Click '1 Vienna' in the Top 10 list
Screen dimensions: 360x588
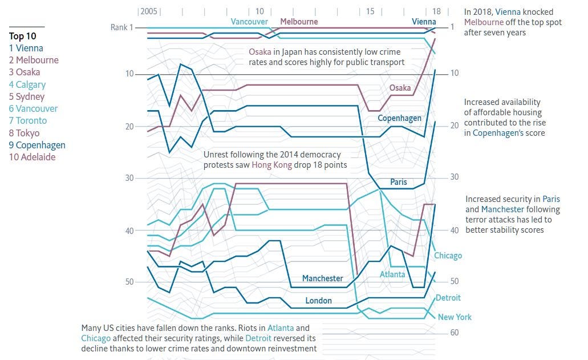coord(26,48)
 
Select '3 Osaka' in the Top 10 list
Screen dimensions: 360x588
coord(25,72)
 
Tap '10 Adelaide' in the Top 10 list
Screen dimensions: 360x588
coord(32,157)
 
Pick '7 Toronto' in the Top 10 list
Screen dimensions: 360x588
coord(28,120)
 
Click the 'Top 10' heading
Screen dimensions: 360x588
coord(23,36)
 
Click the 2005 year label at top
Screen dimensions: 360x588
coord(149,11)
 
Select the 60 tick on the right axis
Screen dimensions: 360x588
coord(454,333)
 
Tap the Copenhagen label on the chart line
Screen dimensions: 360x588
coord(399,118)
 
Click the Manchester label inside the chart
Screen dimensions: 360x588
coord(322,278)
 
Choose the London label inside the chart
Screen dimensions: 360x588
coord(318,300)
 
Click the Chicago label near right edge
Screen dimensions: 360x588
coord(448,255)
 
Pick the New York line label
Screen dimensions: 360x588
coord(455,317)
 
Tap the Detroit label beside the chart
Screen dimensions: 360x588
coord(448,297)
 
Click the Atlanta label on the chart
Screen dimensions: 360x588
coord(392,274)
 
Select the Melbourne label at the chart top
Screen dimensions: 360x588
coord(299,22)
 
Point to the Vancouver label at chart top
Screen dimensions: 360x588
coord(249,22)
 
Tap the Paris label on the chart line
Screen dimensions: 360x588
coord(399,181)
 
